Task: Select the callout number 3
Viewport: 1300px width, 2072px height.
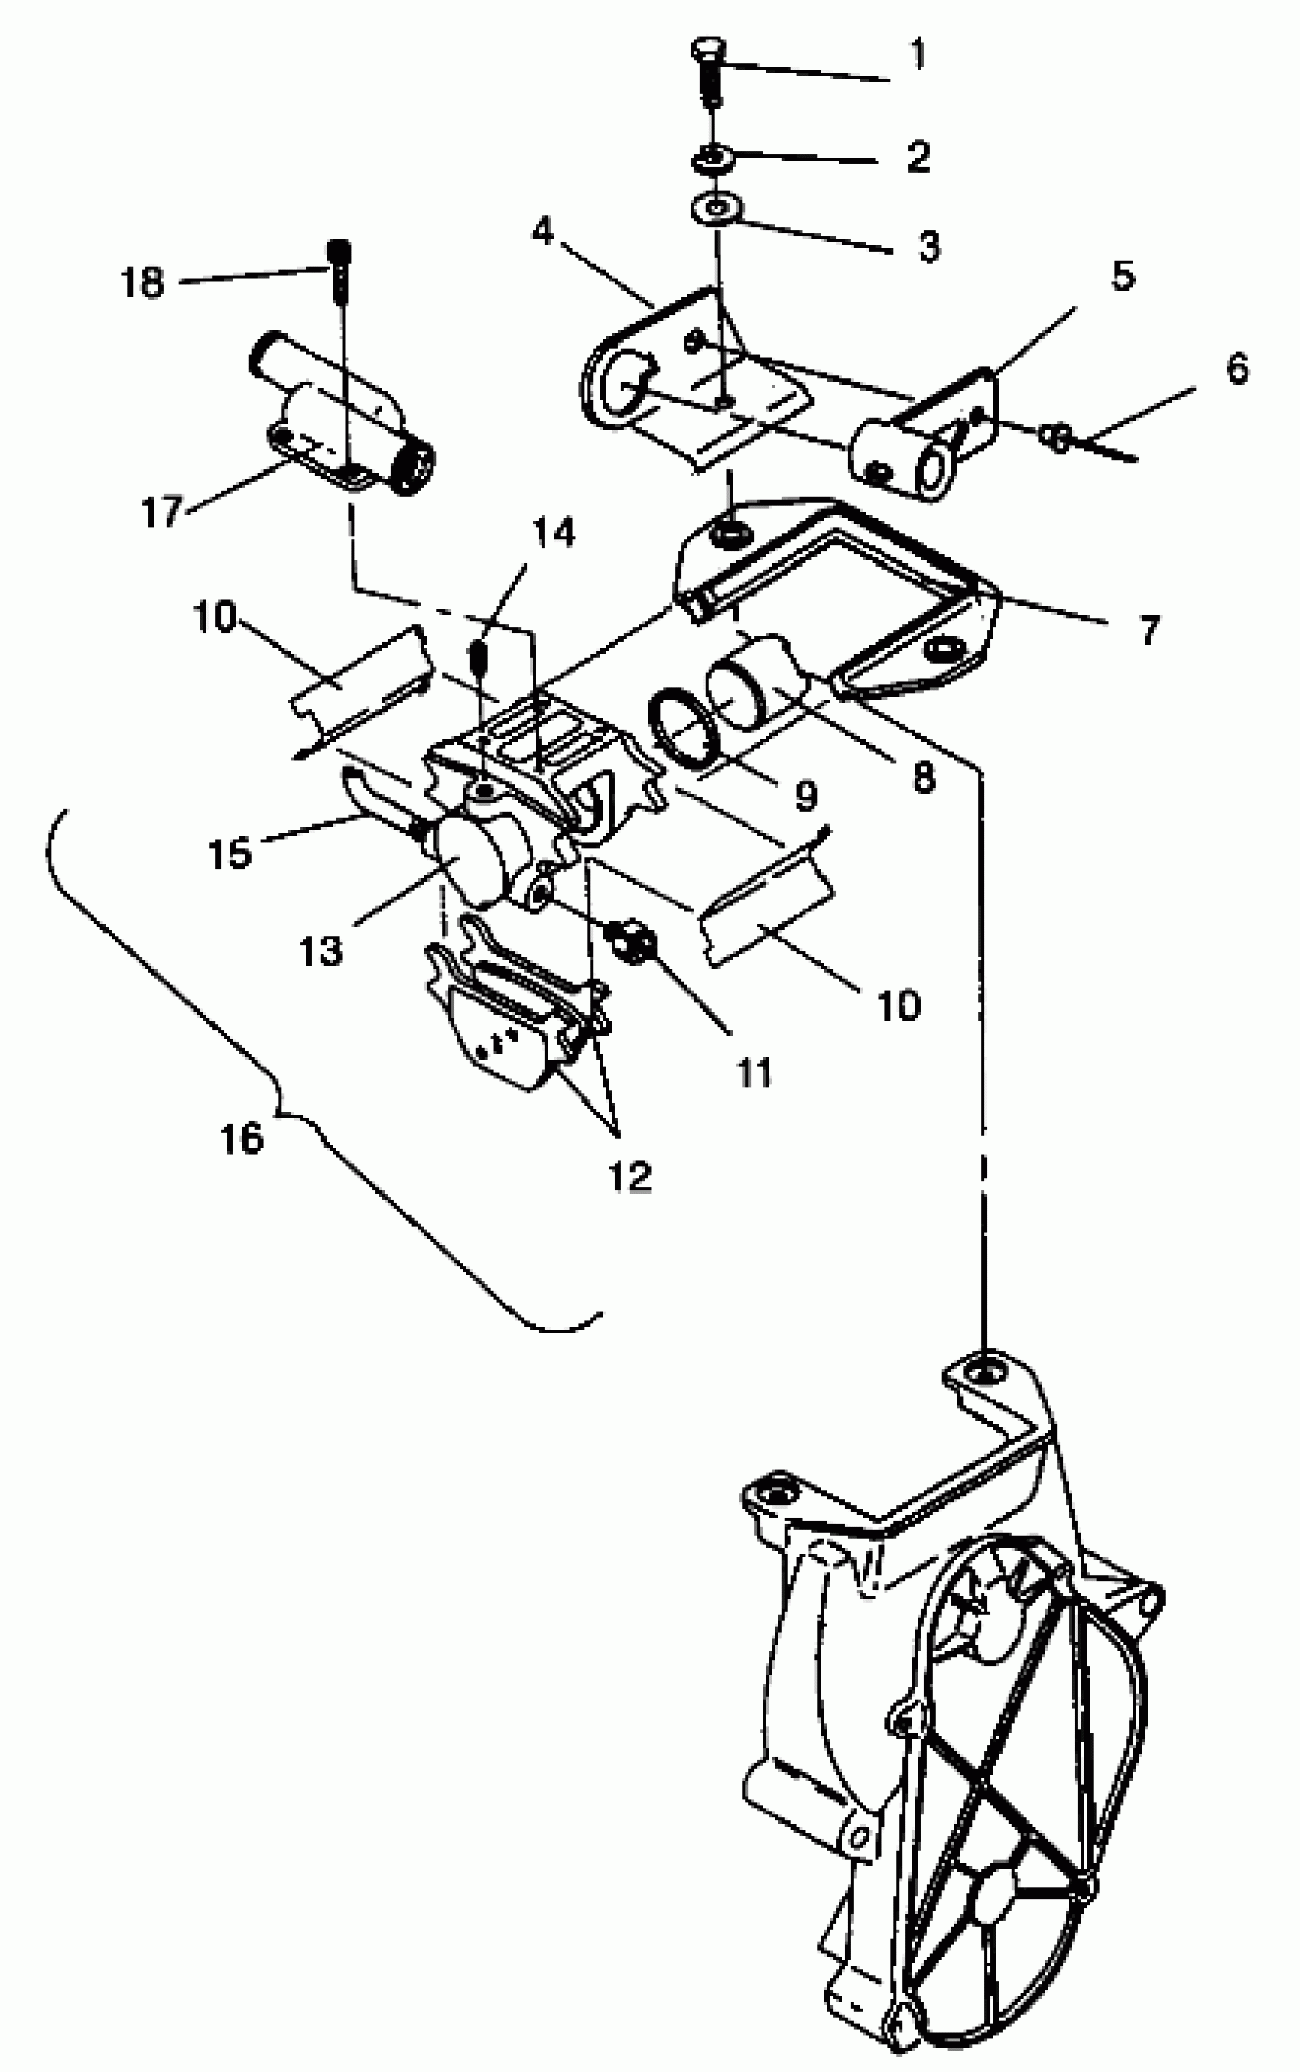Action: pyautogui.click(x=928, y=245)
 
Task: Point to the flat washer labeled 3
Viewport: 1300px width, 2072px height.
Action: pyautogui.click(x=714, y=209)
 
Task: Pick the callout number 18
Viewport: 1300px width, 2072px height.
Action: pyautogui.click(x=142, y=282)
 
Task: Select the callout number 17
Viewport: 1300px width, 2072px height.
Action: pyautogui.click(x=162, y=512)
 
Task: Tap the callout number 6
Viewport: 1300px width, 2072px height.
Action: pyautogui.click(x=1237, y=369)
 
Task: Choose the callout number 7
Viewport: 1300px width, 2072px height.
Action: pyautogui.click(x=1149, y=630)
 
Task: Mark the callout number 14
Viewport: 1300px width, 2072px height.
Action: pyautogui.click(x=553, y=533)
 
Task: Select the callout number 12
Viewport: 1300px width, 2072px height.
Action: pyautogui.click(x=630, y=1177)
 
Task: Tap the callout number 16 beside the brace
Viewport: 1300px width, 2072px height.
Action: pyautogui.click(x=242, y=1138)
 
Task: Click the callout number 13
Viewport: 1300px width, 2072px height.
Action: pyautogui.click(x=320, y=950)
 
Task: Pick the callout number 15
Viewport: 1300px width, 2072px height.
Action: pyautogui.click(x=229, y=853)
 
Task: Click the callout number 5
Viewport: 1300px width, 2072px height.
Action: pyautogui.click(x=1123, y=276)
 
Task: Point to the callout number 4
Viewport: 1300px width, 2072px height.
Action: pyautogui.click(x=542, y=230)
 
